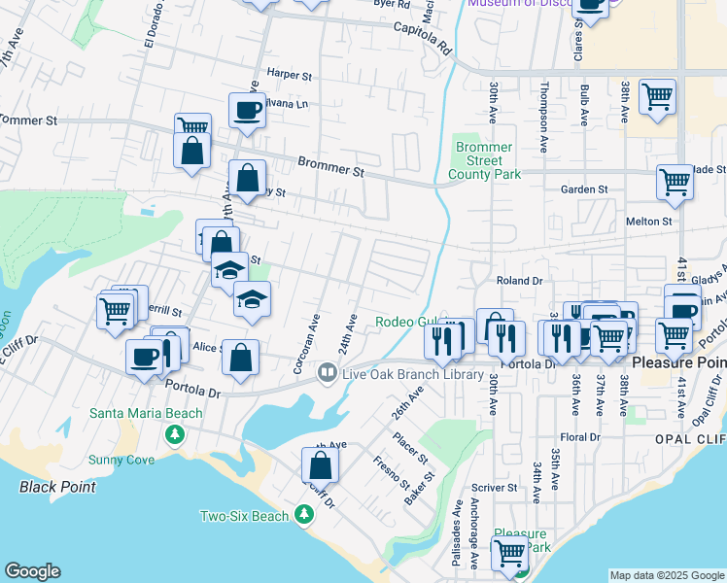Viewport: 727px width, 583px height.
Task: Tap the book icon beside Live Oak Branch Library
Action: coord(328,373)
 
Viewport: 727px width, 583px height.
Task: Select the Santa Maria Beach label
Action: coord(146,413)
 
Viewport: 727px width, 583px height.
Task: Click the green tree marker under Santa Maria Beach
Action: coord(176,433)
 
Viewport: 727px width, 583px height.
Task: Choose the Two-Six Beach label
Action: coord(244,516)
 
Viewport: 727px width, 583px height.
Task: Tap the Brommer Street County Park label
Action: coord(484,161)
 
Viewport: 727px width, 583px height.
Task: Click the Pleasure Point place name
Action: coord(679,362)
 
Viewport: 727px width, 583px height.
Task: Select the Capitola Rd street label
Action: coord(423,38)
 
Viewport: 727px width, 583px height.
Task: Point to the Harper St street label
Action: coord(289,74)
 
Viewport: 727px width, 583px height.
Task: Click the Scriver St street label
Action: coord(496,487)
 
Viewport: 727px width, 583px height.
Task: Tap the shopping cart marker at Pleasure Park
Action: coord(510,554)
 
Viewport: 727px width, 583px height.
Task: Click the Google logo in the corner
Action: coord(32,571)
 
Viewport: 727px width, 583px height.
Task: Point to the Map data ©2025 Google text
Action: coord(667,575)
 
